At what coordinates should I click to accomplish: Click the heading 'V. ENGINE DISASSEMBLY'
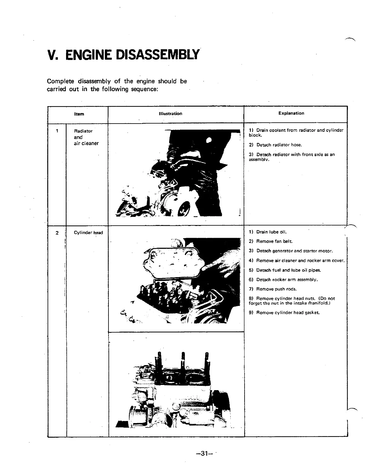click(124, 55)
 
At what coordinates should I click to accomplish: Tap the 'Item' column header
click(79, 114)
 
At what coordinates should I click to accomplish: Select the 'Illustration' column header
click(170, 114)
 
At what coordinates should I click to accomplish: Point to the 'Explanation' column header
click(291, 113)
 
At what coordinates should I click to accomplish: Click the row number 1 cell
click(57, 131)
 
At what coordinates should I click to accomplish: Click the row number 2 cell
click(57, 233)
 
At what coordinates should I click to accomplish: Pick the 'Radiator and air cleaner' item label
click(86, 137)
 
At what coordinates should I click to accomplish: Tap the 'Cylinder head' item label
click(88, 233)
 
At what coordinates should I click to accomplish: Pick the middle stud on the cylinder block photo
click(183, 360)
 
